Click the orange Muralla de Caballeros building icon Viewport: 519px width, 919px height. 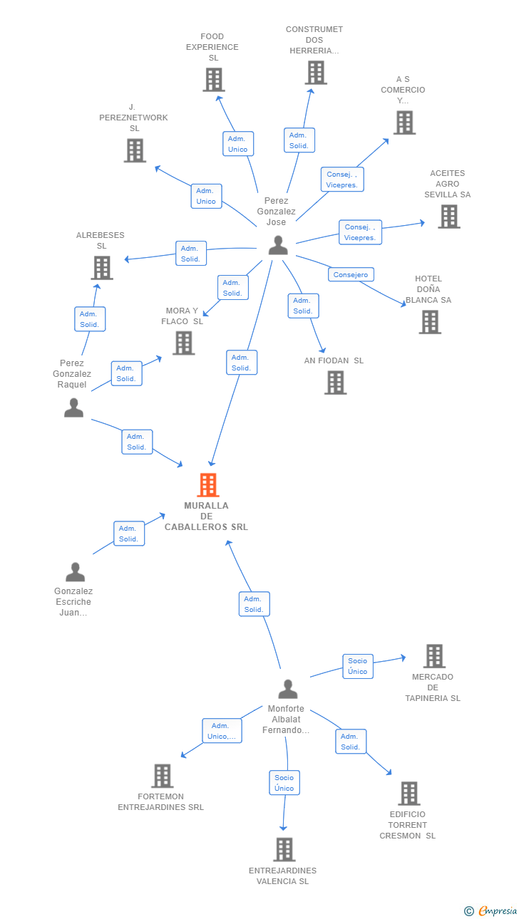point(207,484)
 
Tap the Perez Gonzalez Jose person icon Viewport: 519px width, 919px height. point(278,245)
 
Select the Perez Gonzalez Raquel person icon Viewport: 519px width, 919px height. point(74,407)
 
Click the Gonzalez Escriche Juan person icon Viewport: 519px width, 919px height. point(75,572)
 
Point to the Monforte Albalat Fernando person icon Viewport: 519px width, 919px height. point(287,689)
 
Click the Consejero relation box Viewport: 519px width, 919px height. point(351,274)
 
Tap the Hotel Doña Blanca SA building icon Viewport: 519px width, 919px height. point(430,322)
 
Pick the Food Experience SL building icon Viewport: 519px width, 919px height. point(214,80)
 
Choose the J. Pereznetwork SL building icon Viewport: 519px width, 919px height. point(135,150)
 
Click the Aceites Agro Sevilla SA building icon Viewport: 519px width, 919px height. point(449,216)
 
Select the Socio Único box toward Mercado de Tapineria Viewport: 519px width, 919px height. point(358,666)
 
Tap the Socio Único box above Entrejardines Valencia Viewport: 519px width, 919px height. point(284,783)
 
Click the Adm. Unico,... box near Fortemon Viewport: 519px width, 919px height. point(222,731)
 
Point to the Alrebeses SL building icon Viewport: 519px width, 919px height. point(102,267)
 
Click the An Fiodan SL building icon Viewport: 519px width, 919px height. point(336,383)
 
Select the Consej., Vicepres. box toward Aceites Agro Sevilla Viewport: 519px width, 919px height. point(360,232)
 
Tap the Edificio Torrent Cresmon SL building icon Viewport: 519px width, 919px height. point(409,794)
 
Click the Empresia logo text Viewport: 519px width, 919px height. point(498,910)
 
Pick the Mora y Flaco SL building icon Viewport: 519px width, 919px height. point(183,343)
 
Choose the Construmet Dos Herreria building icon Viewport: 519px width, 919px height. point(316,73)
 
